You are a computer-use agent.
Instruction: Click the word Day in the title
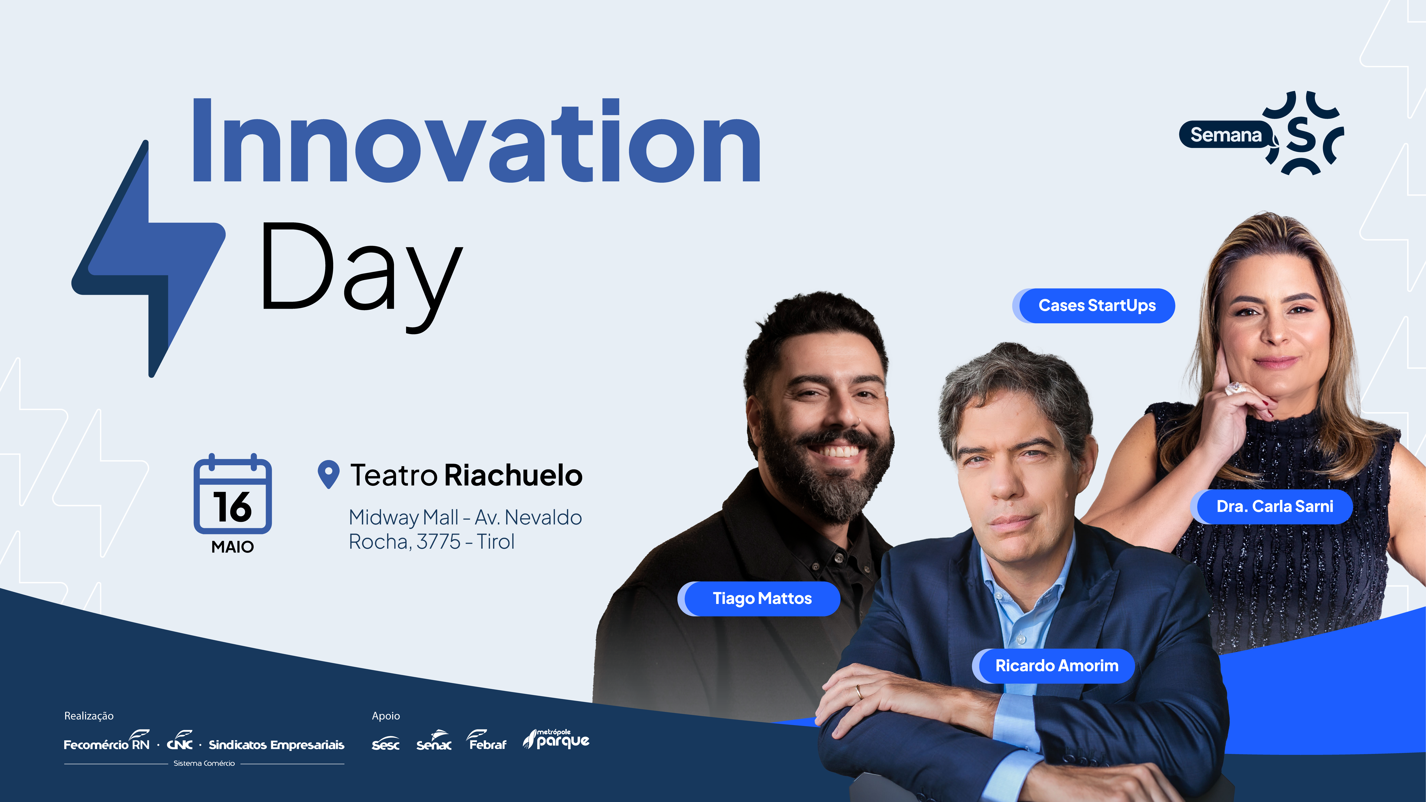point(361,274)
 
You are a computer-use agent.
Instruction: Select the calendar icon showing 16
point(232,493)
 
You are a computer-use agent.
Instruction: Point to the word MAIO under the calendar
point(232,547)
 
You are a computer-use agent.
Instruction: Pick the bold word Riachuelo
point(513,475)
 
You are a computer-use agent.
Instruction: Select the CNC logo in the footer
point(180,741)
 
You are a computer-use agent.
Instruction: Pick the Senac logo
point(434,741)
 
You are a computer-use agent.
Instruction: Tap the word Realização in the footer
point(89,716)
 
